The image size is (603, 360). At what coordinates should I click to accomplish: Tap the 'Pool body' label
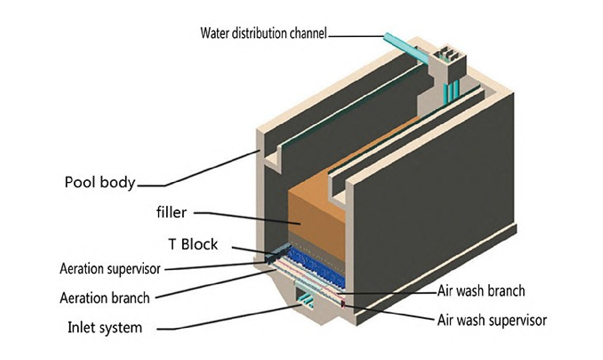point(100,183)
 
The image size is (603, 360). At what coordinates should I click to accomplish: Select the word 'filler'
point(171,212)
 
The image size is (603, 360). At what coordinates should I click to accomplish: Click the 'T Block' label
point(193,245)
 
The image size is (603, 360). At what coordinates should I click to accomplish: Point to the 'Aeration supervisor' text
point(110,269)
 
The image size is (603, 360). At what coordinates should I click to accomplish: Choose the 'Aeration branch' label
point(104,297)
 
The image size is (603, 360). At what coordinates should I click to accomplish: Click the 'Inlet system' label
point(104,327)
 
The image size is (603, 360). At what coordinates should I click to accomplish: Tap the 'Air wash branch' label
point(481,291)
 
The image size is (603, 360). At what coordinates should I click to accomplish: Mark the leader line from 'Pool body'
point(207,168)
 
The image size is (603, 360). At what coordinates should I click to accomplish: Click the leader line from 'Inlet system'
point(233,319)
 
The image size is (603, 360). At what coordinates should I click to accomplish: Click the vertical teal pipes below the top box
point(451,92)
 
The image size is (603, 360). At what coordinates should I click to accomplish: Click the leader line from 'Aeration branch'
point(216,285)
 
